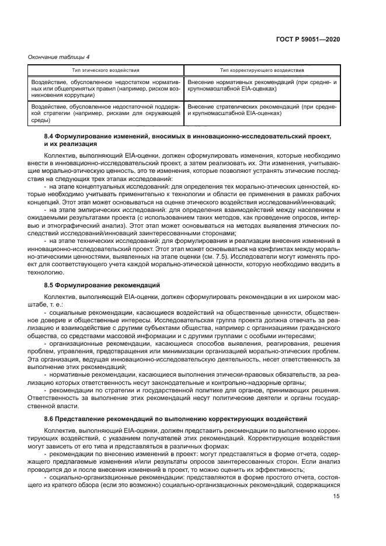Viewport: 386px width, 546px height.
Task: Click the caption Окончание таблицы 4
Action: [51, 57]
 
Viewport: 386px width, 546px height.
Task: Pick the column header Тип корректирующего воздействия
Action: [262, 70]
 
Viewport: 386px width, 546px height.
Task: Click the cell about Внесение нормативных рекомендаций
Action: [262, 86]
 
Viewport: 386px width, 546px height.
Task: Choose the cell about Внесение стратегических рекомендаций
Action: [262, 110]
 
